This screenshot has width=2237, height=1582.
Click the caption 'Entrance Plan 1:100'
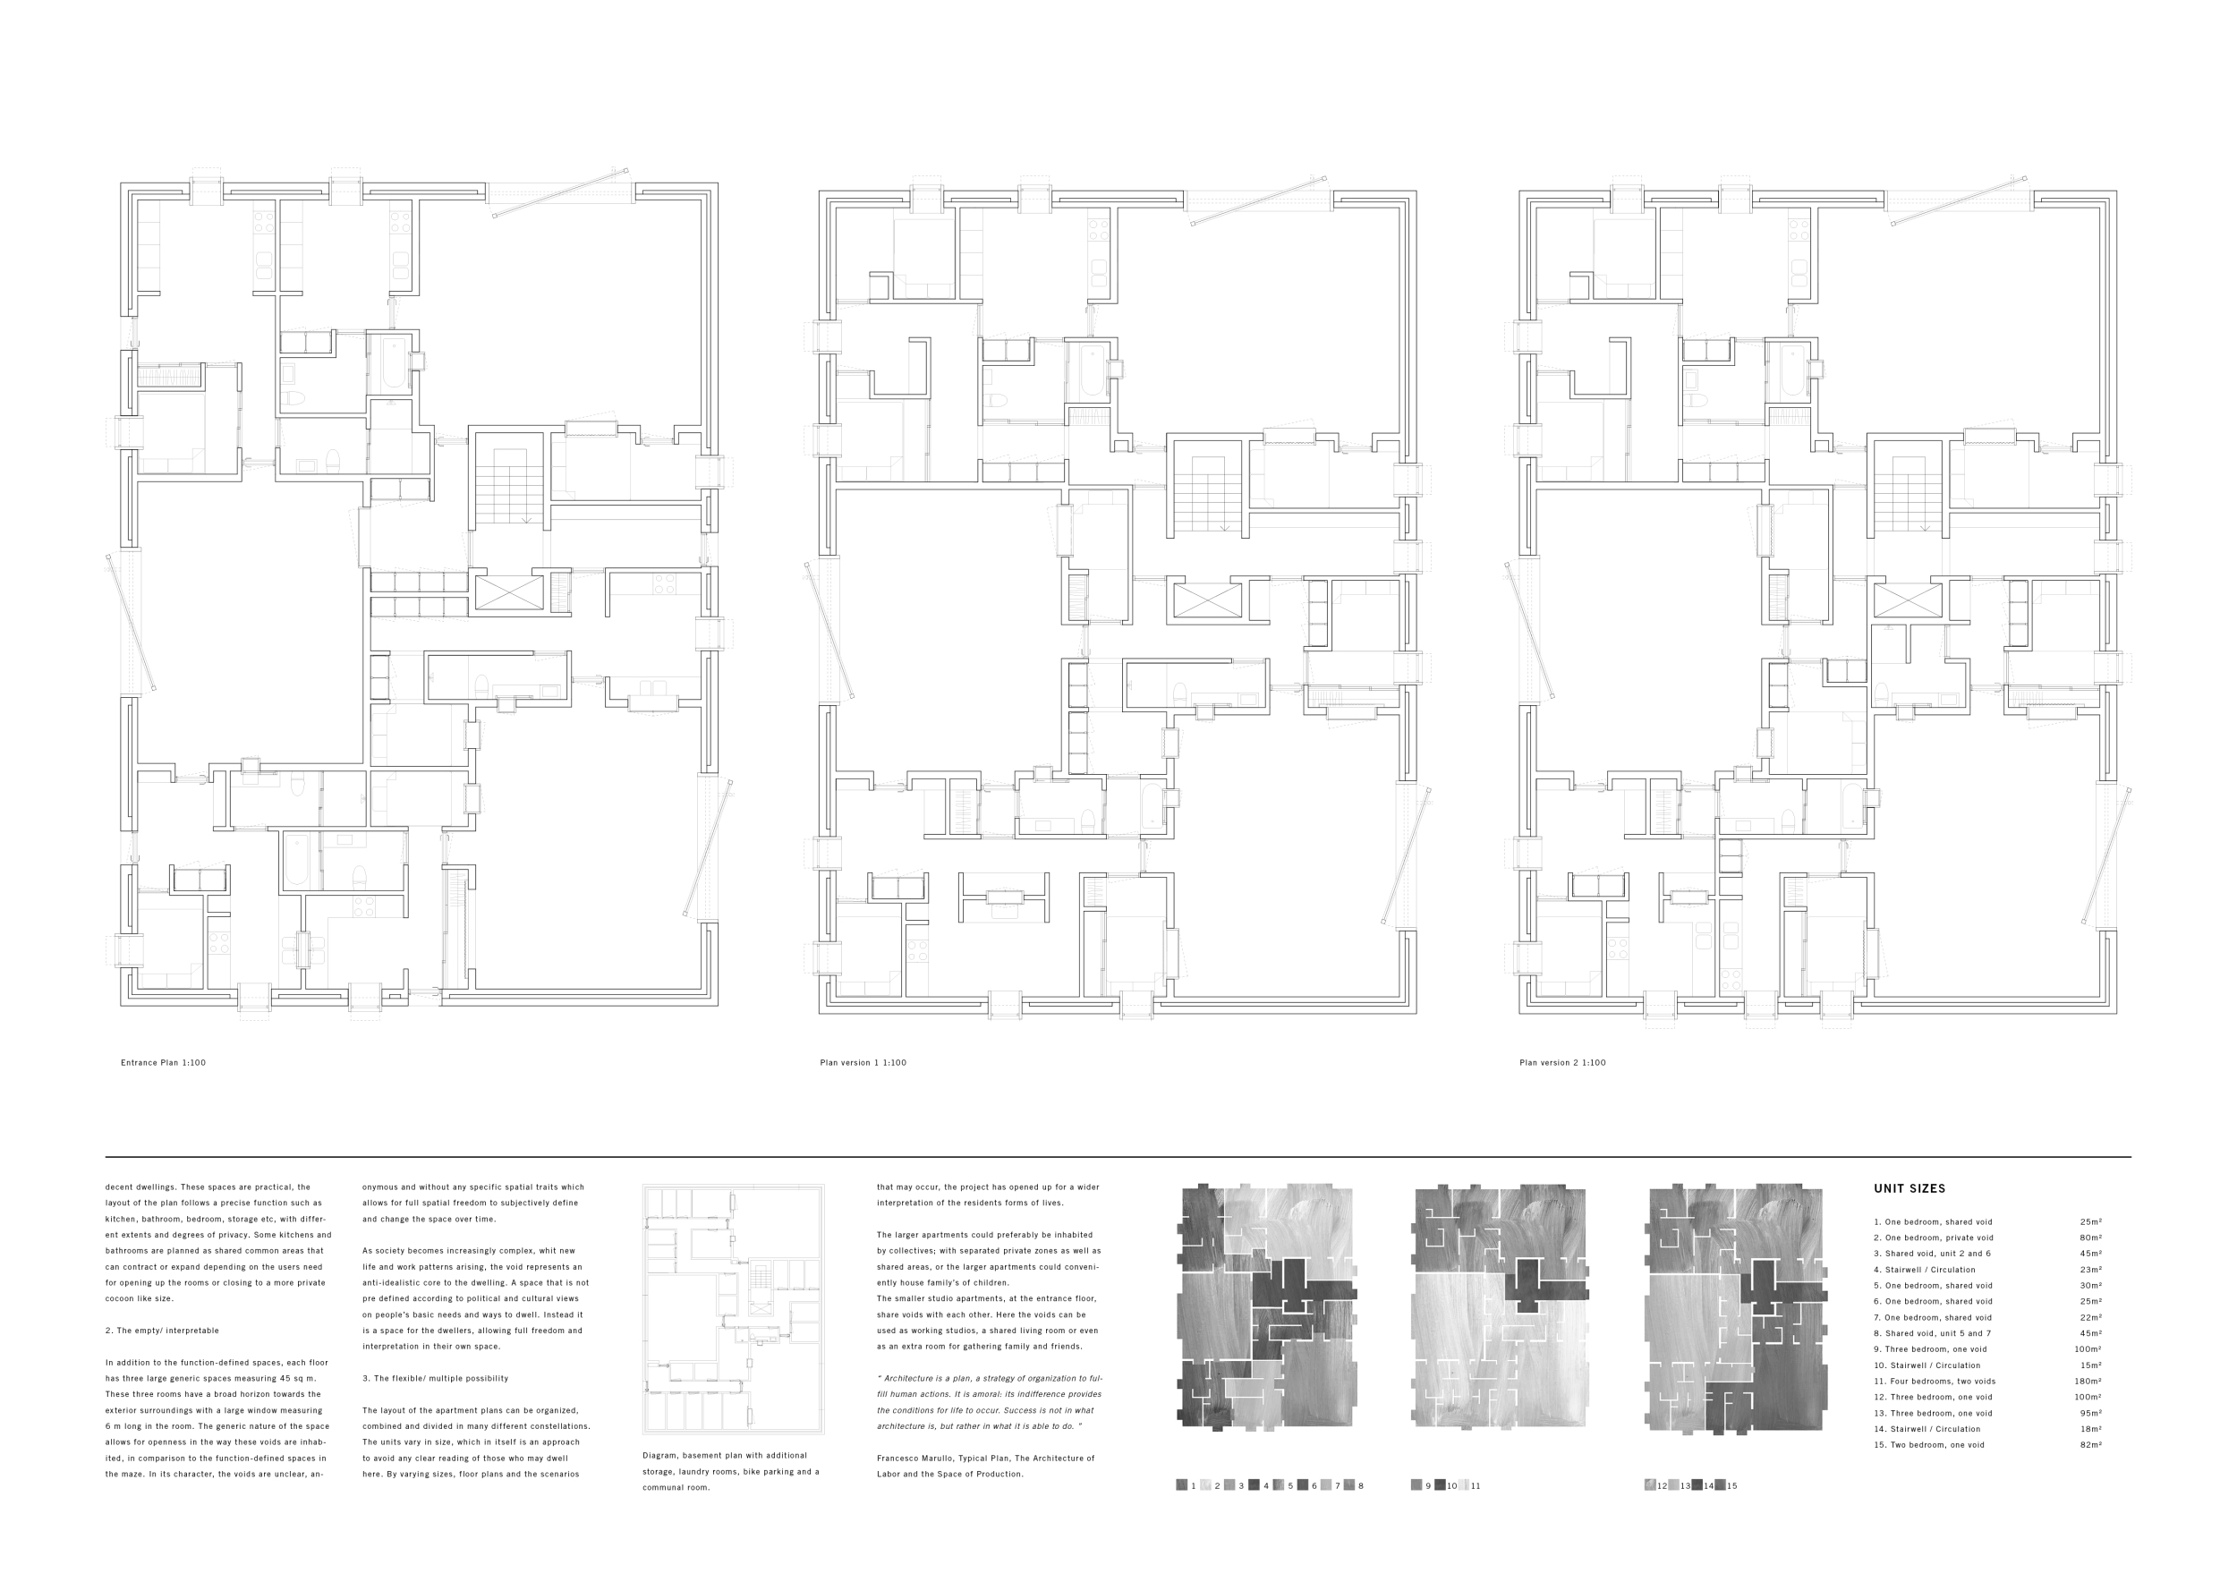(x=163, y=1062)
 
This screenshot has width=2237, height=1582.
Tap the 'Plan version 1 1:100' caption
(x=863, y=1062)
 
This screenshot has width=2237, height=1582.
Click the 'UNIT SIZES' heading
(x=1909, y=1188)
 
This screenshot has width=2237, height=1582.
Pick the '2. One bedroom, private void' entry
(x=1933, y=1238)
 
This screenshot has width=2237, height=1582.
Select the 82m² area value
(x=2090, y=1444)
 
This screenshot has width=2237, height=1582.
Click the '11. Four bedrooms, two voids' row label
(x=1934, y=1382)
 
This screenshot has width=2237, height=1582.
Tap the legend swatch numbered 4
(x=1254, y=1485)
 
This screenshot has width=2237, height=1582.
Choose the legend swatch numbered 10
(x=1440, y=1485)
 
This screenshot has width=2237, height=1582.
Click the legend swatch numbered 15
(x=1721, y=1485)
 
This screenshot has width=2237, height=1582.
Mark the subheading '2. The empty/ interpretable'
(x=162, y=1331)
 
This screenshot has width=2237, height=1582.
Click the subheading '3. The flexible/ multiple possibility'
(x=435, y=1378)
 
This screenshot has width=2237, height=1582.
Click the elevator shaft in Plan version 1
(x=1208, y=600)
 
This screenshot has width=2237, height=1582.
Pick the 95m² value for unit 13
(x=2090, y=1413)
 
